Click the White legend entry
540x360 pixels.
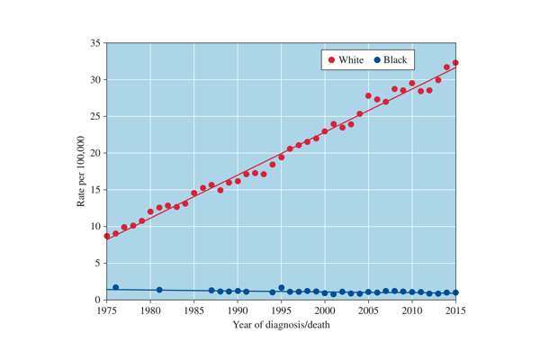point(346,60)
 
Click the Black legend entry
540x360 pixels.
point(390,60)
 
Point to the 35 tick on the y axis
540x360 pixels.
point(95,42)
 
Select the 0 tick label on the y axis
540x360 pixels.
point(98,300)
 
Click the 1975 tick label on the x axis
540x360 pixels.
point(106,310)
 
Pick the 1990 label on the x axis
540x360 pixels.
point(238,310)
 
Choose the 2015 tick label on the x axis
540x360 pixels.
point(456,310)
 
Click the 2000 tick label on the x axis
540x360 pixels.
point(325,310)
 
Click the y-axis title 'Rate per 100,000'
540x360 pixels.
point(80,171)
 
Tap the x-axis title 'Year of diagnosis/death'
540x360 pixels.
point(281,324)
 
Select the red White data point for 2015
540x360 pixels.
point(455,63)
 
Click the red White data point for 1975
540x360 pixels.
point(107,236)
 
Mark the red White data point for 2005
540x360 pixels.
point(368,95)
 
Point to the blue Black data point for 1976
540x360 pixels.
point(115,287)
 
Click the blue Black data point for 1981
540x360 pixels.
point(159,290)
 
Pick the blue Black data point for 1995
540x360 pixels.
point(282,288)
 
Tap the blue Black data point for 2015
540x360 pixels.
point(455,292)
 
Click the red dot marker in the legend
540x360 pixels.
point(331,60)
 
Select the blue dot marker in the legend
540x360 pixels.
point(377,60)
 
